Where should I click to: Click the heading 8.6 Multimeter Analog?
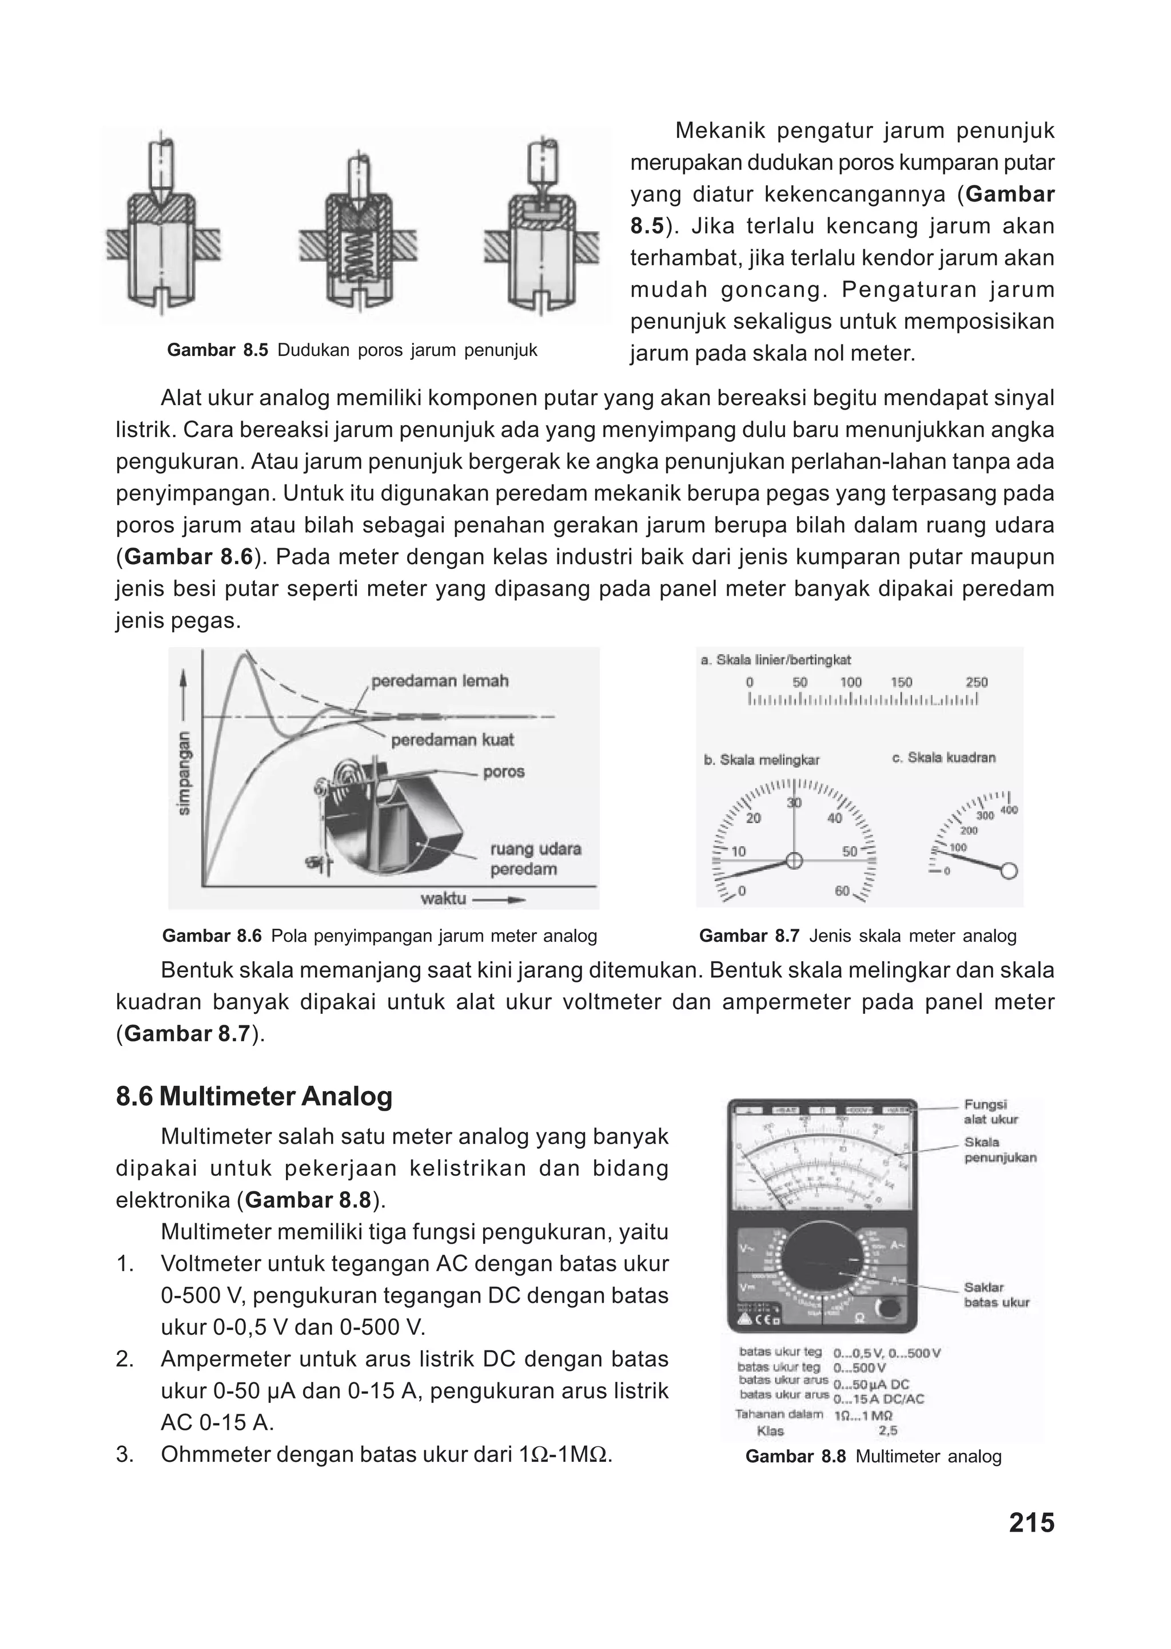[254, 1096]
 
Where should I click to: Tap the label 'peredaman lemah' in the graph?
[439, 681]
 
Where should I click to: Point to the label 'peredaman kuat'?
[452, 740]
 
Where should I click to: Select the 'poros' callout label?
[503, 772]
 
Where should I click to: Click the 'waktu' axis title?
[443, 899]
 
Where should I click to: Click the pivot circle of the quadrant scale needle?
[1010, 871]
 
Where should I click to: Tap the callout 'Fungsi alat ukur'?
[991, 1112]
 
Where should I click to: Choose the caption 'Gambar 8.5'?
[217, 351]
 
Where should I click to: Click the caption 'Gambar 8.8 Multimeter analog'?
[873, 1456]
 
